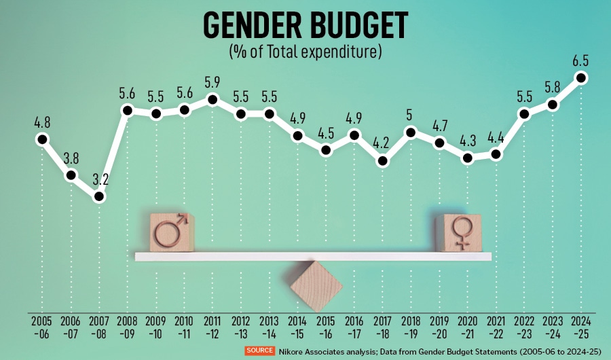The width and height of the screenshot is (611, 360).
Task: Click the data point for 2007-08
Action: tap(99, 197)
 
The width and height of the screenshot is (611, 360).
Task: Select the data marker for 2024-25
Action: tap(581, 77)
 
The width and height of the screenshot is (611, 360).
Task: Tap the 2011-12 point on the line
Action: tap(212, 100)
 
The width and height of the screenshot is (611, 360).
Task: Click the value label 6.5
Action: tap(580, 60)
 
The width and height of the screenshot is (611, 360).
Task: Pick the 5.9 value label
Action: tap(212, 82)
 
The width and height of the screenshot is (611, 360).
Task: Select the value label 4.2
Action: tap(383, 143)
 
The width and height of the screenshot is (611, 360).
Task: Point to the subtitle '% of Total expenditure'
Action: tap(305, 51)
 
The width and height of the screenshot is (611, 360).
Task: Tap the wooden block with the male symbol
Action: tap(172, 232)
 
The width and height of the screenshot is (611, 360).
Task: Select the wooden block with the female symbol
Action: tap(458, 232)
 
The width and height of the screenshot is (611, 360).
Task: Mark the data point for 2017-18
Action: tap(383, 162)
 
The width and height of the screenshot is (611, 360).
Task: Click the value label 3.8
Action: tap(71, 158)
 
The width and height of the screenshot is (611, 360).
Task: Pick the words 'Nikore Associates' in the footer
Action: tap(309, 351)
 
